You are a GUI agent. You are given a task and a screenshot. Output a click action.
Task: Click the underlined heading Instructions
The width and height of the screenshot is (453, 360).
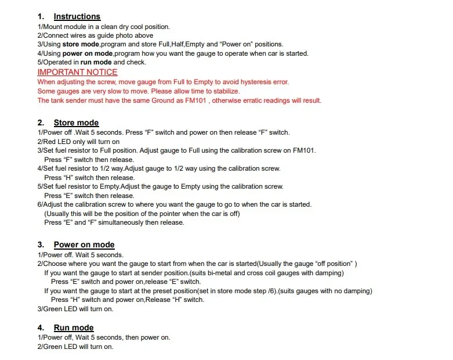(77, 17)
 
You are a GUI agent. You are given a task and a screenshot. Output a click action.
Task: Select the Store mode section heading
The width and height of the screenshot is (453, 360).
(76, 123)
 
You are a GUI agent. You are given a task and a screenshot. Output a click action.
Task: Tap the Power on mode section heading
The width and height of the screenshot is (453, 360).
(84, 245)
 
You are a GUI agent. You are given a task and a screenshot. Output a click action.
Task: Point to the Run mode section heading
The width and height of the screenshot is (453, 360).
(74, 328)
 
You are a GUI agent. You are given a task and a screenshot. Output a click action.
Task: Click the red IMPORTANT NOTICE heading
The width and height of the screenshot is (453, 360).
(77, 73)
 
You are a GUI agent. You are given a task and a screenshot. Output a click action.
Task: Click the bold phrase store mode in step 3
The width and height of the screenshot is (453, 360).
(81, 45)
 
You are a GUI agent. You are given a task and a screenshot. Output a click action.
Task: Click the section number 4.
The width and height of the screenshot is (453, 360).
(41, 328)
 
